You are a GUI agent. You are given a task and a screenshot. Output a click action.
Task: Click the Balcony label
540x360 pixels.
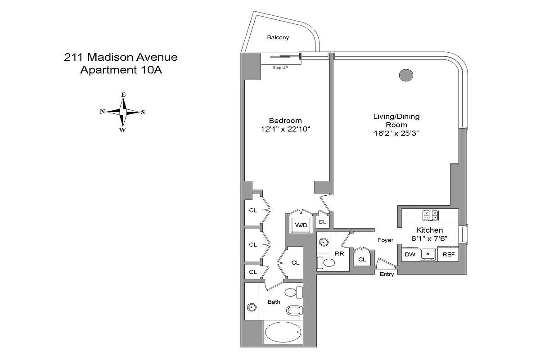coord(278,37)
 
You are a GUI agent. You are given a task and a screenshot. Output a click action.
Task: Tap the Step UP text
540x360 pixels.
coord(280,68)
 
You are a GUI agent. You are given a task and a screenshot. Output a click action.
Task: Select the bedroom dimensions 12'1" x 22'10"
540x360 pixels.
coord(285,129)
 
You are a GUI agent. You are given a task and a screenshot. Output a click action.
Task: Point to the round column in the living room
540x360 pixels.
coord(406,75)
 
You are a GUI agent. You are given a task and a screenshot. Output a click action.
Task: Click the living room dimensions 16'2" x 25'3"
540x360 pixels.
coord(396,133)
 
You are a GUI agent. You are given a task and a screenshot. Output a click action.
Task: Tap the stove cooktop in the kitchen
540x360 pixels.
coord(430,215)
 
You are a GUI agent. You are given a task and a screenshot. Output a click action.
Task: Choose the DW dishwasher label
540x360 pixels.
coord(410,254)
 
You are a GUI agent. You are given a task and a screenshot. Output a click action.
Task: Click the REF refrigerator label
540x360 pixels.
coord(449,254)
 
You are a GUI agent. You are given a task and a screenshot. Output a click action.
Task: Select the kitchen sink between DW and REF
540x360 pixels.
coord(428,255)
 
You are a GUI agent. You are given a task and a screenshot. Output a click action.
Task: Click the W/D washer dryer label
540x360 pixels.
coord(301,225)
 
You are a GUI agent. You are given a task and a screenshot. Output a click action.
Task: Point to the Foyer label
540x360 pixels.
coord(385,240)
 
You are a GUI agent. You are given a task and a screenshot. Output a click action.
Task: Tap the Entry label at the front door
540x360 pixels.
coord(387,274)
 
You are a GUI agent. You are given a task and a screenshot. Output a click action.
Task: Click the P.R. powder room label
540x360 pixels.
coord(340,254)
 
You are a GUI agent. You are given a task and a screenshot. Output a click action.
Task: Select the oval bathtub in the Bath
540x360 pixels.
coord(283,332)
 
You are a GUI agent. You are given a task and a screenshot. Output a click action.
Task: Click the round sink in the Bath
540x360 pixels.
coord(252,307)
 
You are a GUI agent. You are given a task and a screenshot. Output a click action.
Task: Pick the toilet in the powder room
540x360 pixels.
coord(326,262)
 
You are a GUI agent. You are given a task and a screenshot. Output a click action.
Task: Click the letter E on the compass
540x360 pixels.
coord(123,95)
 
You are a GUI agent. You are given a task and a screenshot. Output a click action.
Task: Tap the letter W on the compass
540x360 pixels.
coord(122,130)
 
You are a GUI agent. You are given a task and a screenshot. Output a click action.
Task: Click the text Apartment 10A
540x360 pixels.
coord(121,70)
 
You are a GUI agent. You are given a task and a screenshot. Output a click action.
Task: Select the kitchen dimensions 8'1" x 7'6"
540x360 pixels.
coord(429,238)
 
